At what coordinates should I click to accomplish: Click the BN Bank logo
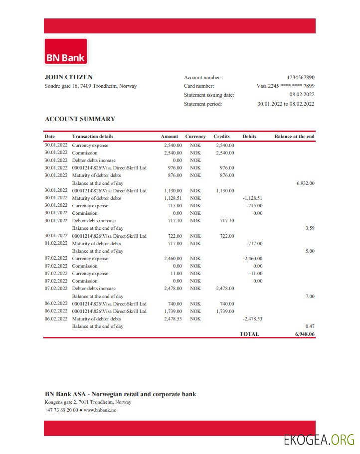tap(66, 52)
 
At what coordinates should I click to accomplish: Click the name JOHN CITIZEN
tap(68, 77)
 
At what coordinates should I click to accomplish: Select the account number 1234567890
tap(301, 77)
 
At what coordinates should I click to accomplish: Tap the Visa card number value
tap(285, 86)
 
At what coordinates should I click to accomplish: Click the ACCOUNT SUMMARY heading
tap(80, 119)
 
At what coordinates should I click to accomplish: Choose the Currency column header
tap(195, 137)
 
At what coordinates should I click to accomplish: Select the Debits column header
tap(249, 137)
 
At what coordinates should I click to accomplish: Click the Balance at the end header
tap(294, 137)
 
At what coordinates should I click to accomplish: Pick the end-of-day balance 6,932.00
tap(305, 183)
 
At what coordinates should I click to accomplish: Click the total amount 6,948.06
tap(305, 334)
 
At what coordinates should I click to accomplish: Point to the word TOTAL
tap(249, 334)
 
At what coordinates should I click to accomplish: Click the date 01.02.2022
tap(56, 244)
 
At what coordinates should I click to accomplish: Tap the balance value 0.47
tap(310, 326)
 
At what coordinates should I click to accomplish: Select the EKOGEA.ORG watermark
tap(319, 440)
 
